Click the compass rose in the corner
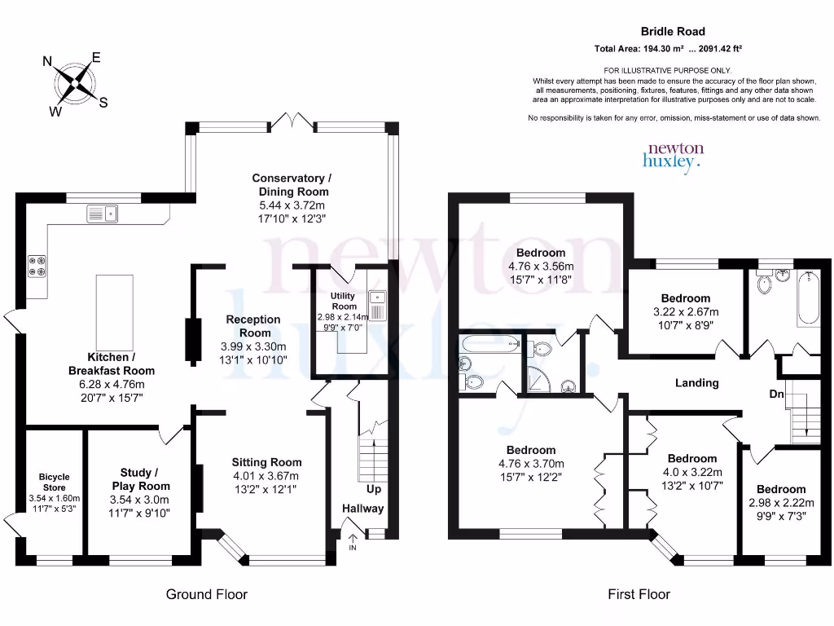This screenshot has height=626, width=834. [75, 82]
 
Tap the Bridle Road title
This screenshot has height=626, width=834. [667, 32]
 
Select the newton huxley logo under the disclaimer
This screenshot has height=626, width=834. [674, 156]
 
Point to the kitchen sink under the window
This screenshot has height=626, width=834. [103, 214]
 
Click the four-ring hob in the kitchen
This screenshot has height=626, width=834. [37, 265]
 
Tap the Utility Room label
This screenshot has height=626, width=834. [344, 301]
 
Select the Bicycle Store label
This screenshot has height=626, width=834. [55, 482]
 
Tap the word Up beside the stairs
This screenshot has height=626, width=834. [373, 489]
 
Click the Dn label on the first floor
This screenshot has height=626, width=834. [777, 394]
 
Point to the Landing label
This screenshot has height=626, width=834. [697, 382]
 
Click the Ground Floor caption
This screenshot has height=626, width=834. [206, 594]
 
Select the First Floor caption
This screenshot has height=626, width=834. [639, 594]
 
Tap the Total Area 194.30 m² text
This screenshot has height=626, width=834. [667, 49]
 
